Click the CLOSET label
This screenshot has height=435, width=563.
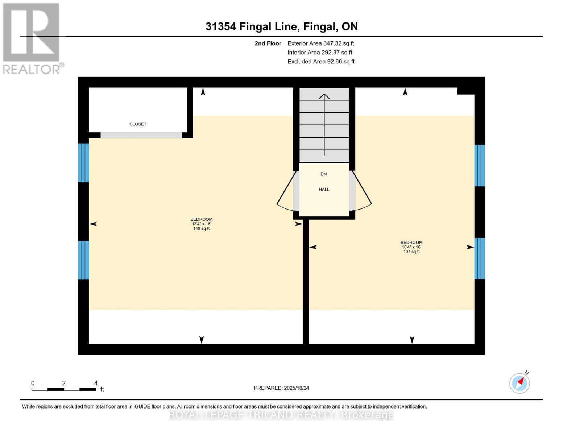coord(137,124)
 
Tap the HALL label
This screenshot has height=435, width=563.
coord(324,189)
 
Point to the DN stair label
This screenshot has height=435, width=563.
coord(324,174)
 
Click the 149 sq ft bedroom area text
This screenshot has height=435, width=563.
coord(201,228)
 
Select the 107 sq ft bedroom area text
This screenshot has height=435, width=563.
coord(411,252)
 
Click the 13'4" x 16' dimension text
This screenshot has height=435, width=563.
coord(201,224)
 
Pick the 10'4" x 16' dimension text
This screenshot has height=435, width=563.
coord(411,247)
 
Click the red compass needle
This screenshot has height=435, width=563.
coord(521,381)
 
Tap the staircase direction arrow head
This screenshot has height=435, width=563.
coord(324,96)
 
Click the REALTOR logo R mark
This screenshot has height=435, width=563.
coord(31,32)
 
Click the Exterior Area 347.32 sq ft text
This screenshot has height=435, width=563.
coord(320,43)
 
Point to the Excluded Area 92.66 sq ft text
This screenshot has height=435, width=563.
coord(321,62)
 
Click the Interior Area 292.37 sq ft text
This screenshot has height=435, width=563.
coord(320,53)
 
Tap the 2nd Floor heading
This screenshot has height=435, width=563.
coord(268,43)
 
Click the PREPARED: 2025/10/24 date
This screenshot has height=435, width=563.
coord(281,388)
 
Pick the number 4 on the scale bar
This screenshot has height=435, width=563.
coord(96,383)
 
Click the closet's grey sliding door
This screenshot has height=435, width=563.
coord(141,135)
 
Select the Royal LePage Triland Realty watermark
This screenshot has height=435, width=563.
coord(281,415)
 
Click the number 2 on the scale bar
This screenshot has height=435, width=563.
coord(64,383)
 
